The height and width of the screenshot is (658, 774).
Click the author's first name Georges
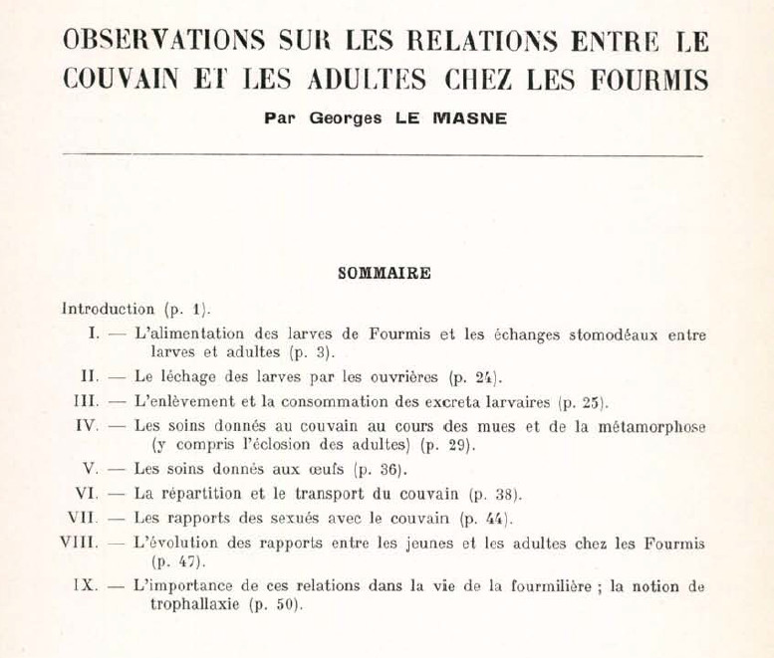pos(343,117)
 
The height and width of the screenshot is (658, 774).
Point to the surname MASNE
pos(470,117)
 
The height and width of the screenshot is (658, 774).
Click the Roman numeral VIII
pos(80,544)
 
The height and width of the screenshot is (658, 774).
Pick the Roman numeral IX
pos(86,586)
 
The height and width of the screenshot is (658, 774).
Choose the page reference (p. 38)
pos(495,493)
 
